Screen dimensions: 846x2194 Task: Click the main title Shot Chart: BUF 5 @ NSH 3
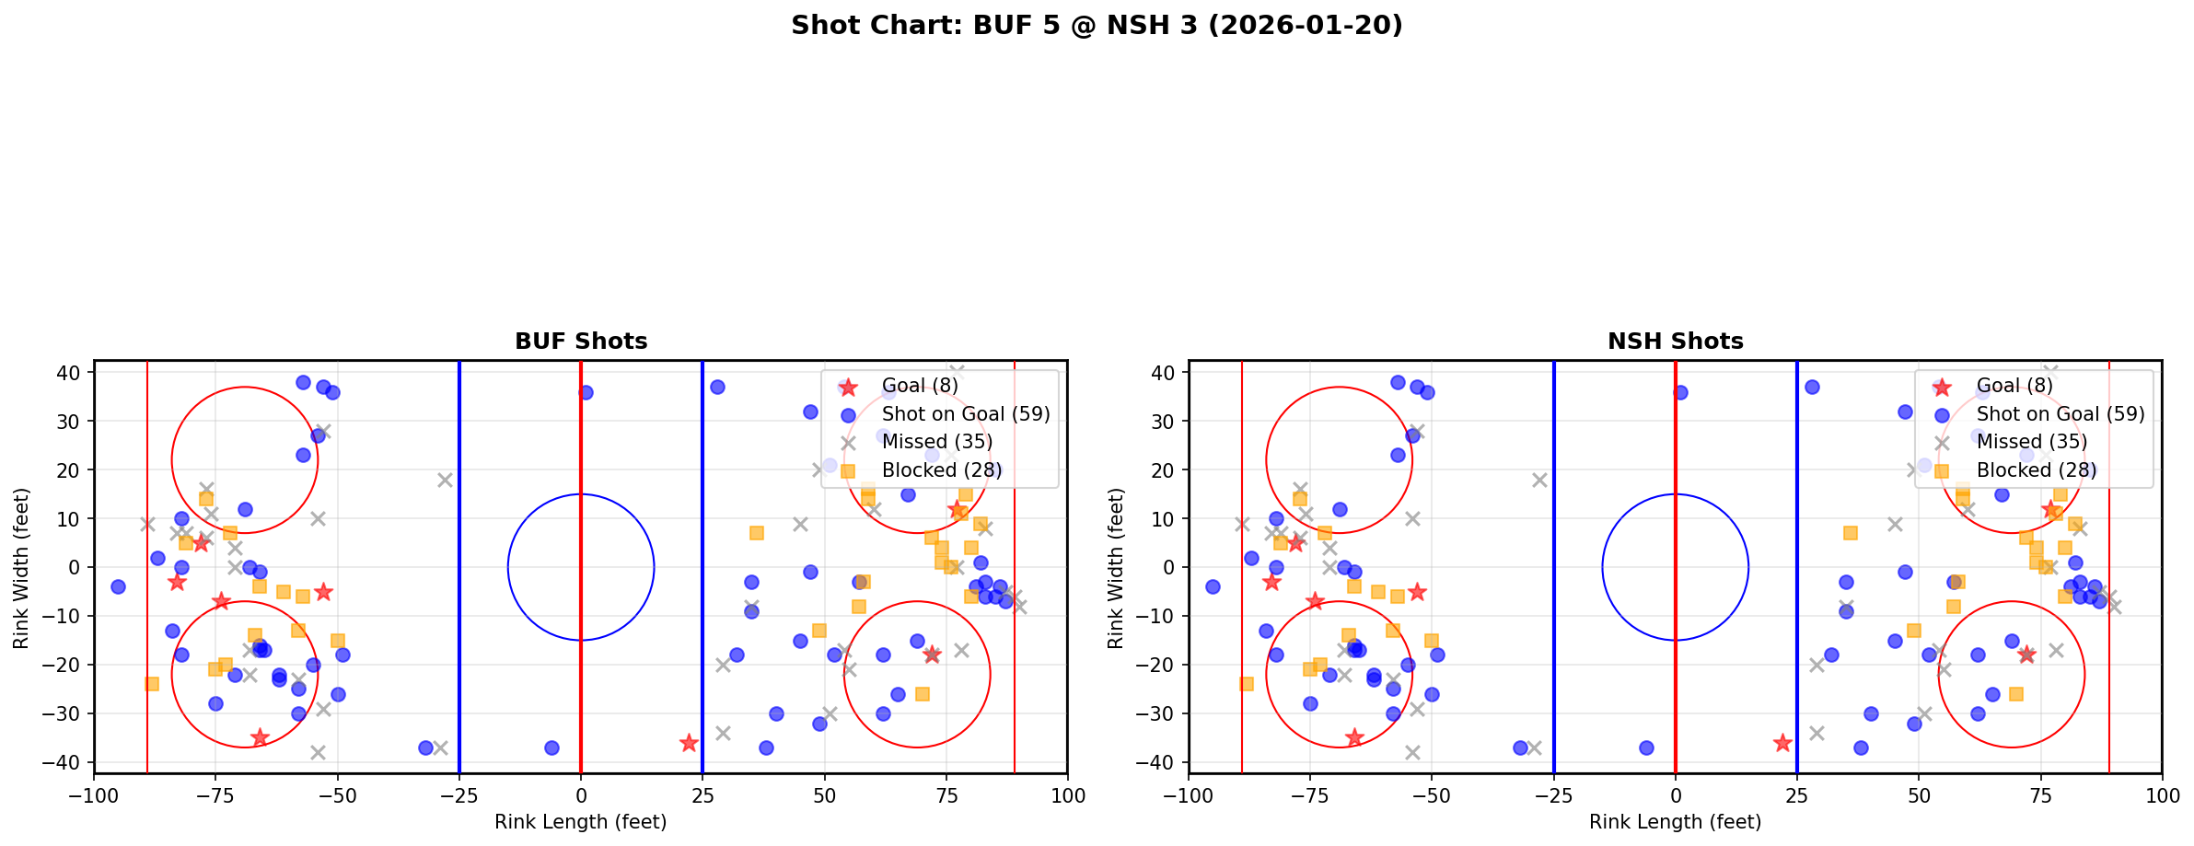[x=1097, y=25]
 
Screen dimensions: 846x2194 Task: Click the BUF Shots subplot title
[x=581, y=342]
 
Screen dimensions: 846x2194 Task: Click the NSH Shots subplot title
[x=1675, y=342]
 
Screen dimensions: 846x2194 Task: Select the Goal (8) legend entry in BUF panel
[x=919, y=386]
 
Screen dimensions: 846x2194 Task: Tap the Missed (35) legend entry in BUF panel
[x=936, y=442]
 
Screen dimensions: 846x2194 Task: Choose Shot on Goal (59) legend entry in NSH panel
[x=2060, y=414]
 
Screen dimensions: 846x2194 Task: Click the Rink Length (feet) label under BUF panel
[x=581, y=822]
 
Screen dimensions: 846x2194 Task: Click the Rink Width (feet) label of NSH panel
[x=1116, y=568]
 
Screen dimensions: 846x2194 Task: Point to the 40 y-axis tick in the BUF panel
[x=74, y=373]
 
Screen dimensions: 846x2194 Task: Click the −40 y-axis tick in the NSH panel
[x=1161, y=762]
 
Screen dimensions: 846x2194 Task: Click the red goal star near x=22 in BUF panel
[x=689, y=743]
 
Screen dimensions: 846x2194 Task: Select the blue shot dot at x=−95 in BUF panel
[x=118, y=586]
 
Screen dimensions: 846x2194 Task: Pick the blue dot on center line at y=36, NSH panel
[x=1680, y=392]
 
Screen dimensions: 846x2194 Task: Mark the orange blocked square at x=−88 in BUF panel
[x=152, y=684]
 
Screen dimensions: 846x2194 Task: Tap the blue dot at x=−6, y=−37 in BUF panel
[x=551, y=747]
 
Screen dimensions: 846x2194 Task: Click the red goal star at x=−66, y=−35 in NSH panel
[x=1354, y=737]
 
